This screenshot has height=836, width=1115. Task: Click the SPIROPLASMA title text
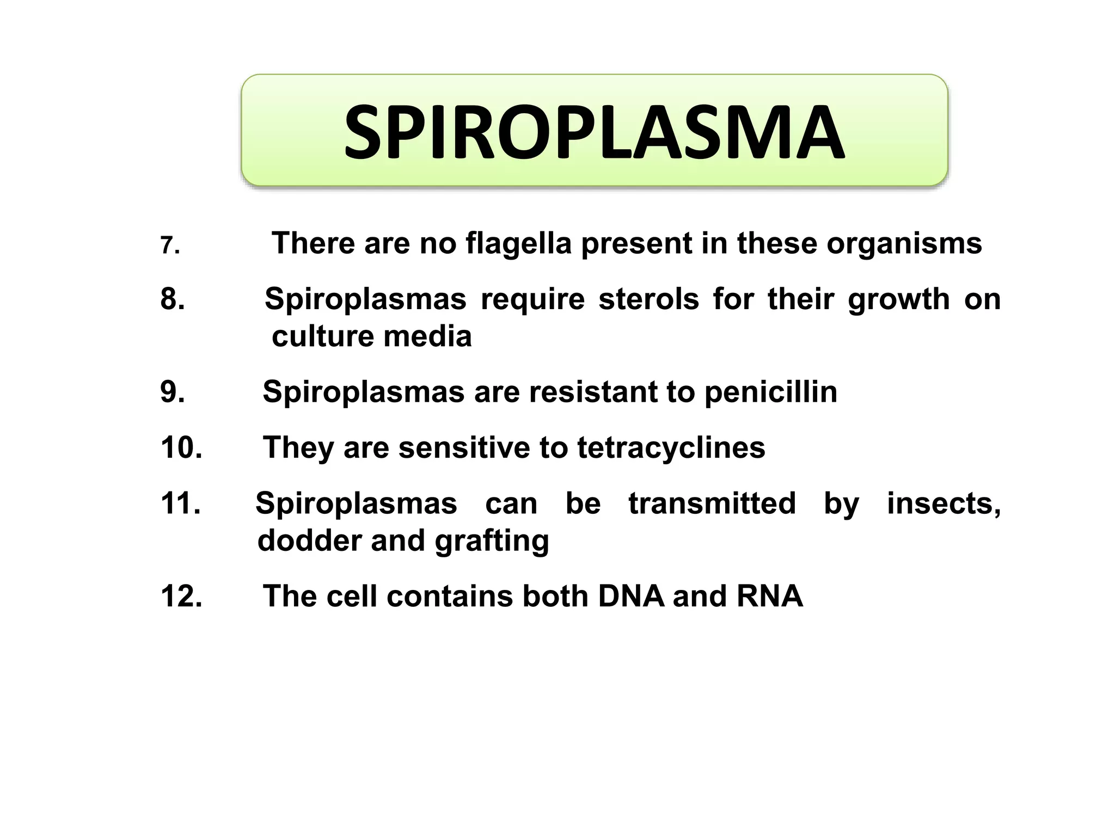(594, 133)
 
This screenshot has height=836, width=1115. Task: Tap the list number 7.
(169, 246)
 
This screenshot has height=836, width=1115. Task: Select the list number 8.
(173, 299)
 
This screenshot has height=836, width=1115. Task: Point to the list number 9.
(173, 392)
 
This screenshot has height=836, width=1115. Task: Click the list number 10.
(181, 447)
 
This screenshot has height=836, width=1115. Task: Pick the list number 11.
(180, 503)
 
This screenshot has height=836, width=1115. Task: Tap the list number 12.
(181, 596)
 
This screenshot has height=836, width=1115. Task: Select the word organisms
(904, 244)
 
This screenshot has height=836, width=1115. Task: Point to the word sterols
(648, 299)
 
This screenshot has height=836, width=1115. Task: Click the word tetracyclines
(671, 448)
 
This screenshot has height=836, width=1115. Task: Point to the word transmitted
(712, 503)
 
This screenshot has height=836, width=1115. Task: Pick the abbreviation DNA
(630, 596)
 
